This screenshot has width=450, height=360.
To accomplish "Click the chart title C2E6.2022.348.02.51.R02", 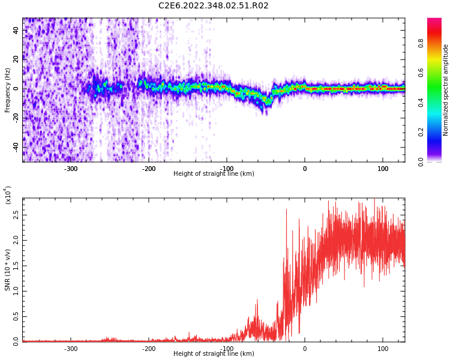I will (213, 6).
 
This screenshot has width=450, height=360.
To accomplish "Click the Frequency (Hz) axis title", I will (8, 90).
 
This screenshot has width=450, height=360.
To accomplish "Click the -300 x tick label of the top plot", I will (71, 169).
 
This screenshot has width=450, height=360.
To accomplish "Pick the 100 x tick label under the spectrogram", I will (382, 169).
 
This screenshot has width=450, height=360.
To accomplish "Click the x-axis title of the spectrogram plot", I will (213, 174).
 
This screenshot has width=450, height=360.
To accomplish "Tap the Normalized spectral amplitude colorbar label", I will (446, 90).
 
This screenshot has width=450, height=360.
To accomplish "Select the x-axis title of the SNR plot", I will (213, 354).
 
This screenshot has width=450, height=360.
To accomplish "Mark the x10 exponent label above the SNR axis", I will (8, 195).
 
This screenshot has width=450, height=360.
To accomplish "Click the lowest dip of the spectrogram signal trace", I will (267, 103).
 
